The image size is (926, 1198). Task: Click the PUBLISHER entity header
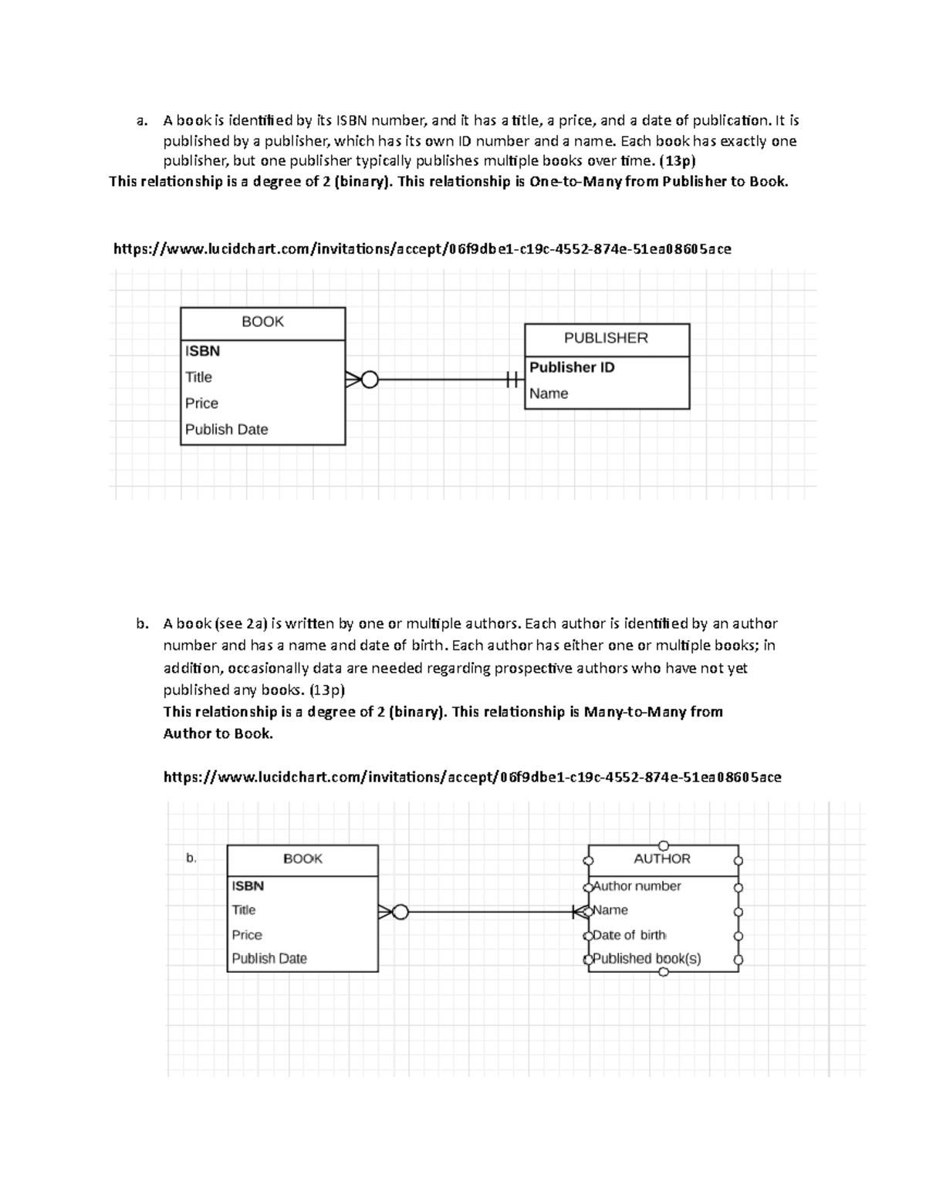[606, 338]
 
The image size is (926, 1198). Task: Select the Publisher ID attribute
[572, 367]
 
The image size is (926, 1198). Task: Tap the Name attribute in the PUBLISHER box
[549, 393]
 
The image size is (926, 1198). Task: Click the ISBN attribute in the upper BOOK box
[202, 351]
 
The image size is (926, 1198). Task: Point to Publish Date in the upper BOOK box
[226, 430]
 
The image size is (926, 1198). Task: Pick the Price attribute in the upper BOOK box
[201, 403]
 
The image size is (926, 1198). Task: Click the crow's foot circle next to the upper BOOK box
[370, 380]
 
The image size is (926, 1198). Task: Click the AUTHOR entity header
[662, 859]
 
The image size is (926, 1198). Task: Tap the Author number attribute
[637, 886]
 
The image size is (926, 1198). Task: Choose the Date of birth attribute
[629, 935]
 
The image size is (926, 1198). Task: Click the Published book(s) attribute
[647, 959]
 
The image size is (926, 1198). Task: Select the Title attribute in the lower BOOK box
[244, 910]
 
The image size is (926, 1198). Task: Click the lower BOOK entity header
[302, 859]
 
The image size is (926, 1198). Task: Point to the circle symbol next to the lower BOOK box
[400, 913]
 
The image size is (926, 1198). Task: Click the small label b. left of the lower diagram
[191, 858]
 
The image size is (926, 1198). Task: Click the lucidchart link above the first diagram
[422, 248]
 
